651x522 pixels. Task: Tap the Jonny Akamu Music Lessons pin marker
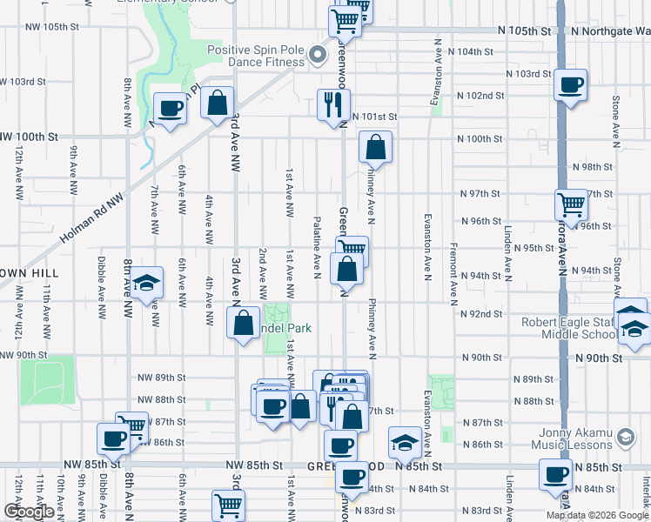tap(623, 438)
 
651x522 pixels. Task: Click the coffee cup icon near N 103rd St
tap(570, 85)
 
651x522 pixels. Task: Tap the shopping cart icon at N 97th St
tap(571, 205)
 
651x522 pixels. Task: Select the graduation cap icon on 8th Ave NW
tap(147, 282)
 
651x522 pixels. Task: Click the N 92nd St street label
tap(483, 314)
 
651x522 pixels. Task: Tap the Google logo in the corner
tap(29, 512)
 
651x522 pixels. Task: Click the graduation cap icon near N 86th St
tap(406, 445)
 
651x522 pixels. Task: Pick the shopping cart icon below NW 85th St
tap(228, 505)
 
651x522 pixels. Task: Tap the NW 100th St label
tap(30, 137)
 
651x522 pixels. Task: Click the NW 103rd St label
tap(23, 82)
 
